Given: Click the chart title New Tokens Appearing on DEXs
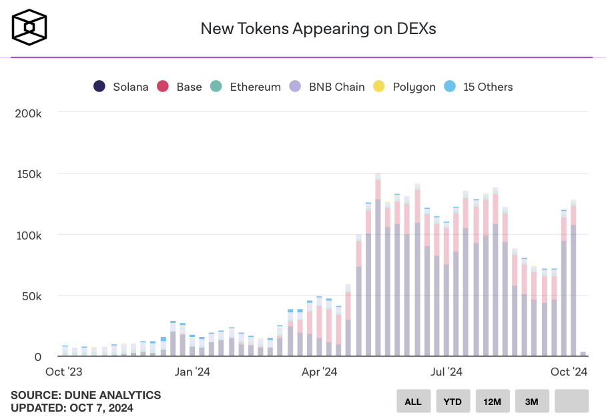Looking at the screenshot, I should coord(318,29).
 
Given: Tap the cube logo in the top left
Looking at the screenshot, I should coord(29,27).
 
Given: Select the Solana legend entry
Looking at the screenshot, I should coord(121,87).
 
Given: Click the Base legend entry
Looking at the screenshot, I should coord(180,87).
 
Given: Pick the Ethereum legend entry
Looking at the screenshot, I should coord(245,87).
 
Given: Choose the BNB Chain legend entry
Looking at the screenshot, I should coord(327,87).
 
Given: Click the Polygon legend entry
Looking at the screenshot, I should coord(404,87).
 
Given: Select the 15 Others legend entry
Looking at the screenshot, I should coord(479,87).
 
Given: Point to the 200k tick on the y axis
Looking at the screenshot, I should coord(29,113).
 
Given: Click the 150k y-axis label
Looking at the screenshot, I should coord(29,174).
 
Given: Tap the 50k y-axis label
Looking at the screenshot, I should coord(31,296).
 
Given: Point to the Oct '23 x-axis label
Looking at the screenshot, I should coord(64,372).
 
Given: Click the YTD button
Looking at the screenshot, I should coord(453,401).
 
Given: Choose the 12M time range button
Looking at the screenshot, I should coord(493,401).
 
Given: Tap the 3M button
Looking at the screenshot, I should coord(532,401).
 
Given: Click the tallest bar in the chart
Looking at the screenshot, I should coord(378,267).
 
